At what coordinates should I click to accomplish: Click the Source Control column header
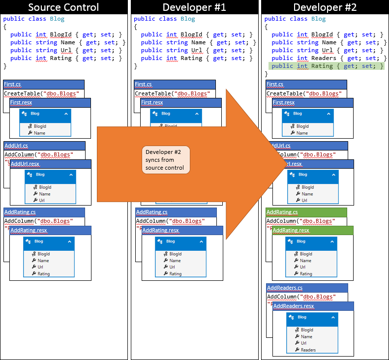63,7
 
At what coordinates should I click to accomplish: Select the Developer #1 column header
194,7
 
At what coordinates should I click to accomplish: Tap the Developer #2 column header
325,7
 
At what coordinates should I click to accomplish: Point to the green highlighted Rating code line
326,66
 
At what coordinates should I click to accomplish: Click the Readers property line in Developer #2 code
326,58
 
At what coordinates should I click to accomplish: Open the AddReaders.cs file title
285,288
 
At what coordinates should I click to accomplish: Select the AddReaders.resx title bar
294,306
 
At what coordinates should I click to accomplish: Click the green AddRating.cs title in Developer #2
282,212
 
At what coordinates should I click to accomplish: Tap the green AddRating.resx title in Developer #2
291,230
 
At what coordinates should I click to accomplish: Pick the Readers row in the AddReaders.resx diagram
308,350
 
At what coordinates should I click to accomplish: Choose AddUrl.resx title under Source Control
25,164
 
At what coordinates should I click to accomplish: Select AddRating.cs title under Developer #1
151,212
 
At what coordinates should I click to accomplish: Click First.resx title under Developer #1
152,102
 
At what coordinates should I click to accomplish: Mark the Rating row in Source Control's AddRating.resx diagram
44,273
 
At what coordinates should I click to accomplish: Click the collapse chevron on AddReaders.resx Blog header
333,317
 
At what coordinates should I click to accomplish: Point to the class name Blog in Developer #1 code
187,19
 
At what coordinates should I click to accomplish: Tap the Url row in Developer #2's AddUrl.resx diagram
304,200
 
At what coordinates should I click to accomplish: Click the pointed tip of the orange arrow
287,164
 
